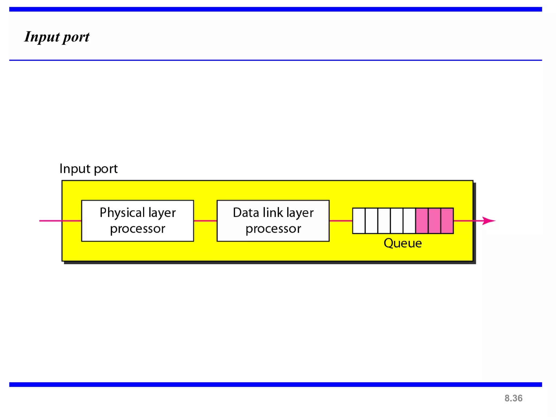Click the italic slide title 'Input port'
tap(57, 37)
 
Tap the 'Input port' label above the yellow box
tap(89, 169)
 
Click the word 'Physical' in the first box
tap(122, 213)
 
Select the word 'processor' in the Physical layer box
tap(138, 229)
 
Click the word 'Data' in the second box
tap(246, 213)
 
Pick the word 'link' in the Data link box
tap(273, 213)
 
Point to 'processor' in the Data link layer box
tap(273, 229)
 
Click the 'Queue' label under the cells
tap(403, 243)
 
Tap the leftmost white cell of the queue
tap(359, 221)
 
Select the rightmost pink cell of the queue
tap(447, 221)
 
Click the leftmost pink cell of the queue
tap(422, 221)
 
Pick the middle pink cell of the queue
tap(434, 221)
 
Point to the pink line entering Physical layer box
tap(60, 221)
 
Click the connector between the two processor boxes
tap(205, 221)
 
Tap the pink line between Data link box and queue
tap(341, 221)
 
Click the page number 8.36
tap(513, 398)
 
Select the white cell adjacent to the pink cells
tap(409, 221)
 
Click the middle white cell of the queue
tap(384, 221)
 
